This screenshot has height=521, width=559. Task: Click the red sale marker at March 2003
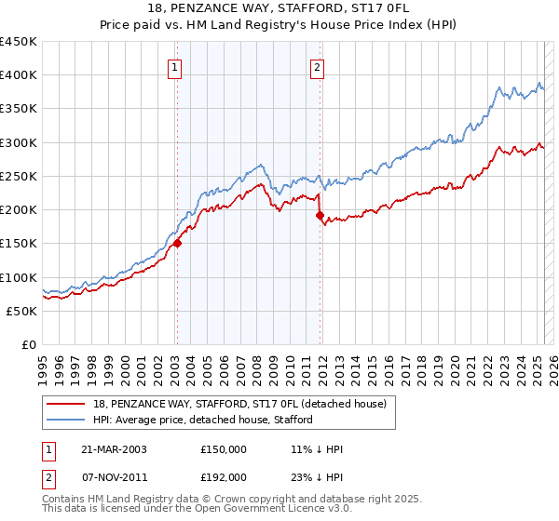tap(177, 244)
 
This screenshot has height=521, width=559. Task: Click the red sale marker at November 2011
tap(320, 216)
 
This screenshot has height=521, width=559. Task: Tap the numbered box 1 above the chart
tap(176, 66)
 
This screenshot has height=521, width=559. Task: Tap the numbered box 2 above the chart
tap(318, 66)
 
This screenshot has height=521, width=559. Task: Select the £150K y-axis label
tap(19, 244)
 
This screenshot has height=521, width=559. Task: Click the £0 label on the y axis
tap(28, 345)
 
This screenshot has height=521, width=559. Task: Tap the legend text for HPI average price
tap(203, 420)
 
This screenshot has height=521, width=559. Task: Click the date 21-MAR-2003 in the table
tap(115, 449)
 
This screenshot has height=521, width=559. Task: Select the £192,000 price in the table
tap(224, 477)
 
